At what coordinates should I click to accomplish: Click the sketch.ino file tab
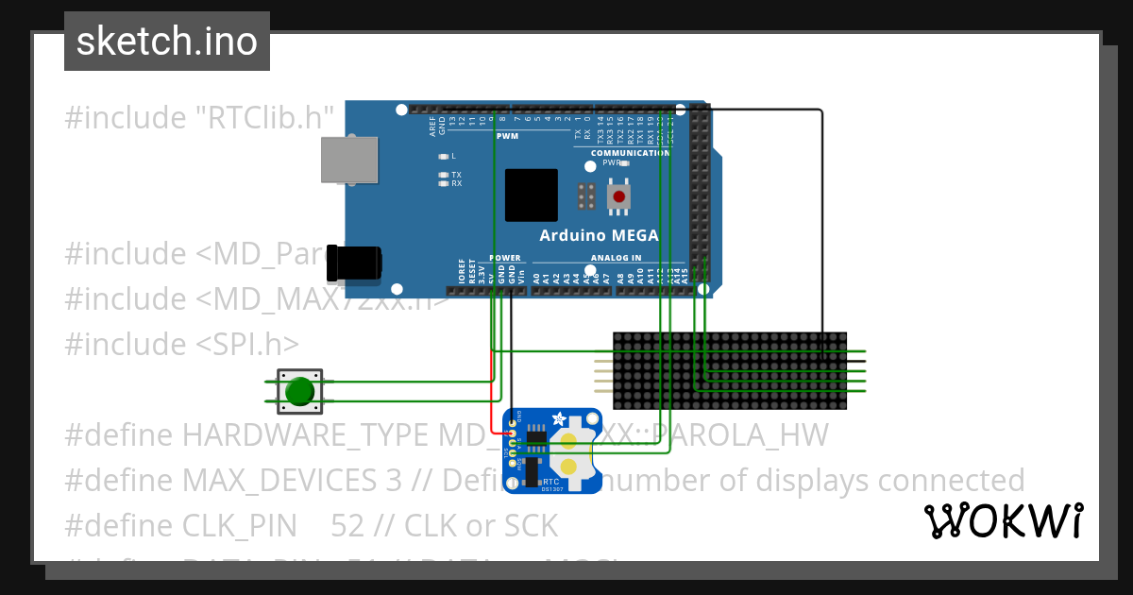(x=167, y=42)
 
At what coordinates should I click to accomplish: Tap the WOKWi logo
(x=1004, y=520)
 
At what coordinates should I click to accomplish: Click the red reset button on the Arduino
(x=619, y=196)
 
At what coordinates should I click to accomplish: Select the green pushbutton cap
(x=299, y=391)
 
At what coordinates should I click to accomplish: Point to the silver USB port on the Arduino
(x=348, y=160)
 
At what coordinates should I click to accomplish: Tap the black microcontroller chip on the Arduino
(x=531, y=195)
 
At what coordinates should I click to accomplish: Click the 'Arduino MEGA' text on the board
(x=599, y=236)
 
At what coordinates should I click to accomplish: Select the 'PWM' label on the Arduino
(x=507, y=136)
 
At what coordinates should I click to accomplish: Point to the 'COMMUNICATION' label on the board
(x=630, y=153)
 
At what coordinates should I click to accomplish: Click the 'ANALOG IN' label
(x=616, y=258)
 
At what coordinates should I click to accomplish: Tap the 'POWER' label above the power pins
(x=504, y=258)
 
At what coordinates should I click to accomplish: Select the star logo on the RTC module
(x=559, y=418)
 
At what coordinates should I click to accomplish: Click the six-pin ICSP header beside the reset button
(x=586, y=196)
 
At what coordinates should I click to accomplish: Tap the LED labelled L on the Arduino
(x=443, y=156)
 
